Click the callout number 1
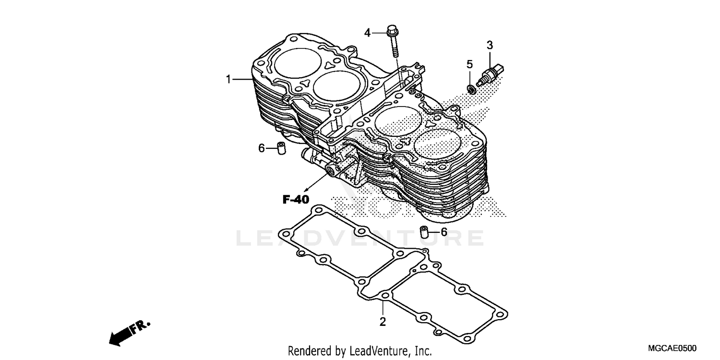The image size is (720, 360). point(229,79)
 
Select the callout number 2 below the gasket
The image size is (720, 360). point(383,322)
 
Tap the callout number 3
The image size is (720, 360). point(490,46)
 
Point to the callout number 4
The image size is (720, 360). point(368,33)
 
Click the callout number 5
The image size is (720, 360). point(469,64)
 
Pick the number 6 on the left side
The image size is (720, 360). point(262,148)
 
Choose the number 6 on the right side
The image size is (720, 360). point(444,232)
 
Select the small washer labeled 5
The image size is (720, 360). point(471,88)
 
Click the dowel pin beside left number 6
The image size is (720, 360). point(281,148)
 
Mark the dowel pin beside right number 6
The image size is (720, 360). point(424,232)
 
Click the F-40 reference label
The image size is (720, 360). point(295,200)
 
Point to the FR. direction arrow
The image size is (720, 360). point(129,333)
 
